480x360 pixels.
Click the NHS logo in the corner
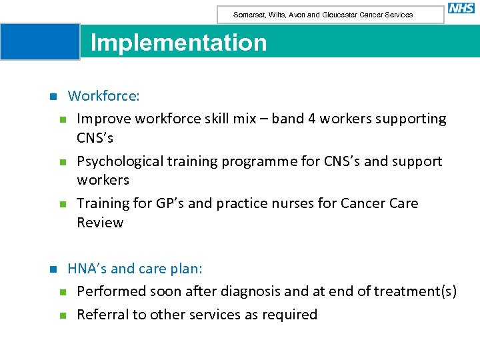[461, 9]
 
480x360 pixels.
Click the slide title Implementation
[178, 43]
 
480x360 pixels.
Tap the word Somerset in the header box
[248, 15]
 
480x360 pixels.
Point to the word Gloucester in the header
[343, 15]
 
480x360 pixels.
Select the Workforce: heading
[103, 96]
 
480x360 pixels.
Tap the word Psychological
[119, 161]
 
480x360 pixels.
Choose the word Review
[100, 223]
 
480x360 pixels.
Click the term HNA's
[87, 269]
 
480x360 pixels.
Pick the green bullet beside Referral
[62, 315]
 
